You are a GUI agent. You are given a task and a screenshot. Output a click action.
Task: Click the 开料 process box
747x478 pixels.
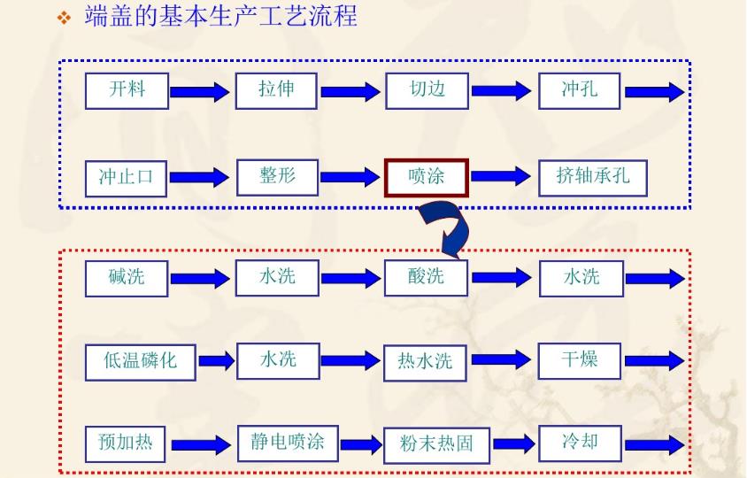point(127,90)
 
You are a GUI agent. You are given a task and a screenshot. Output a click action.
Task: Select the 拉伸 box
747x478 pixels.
point(276,90)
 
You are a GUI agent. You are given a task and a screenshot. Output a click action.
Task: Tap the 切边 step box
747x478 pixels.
point(427,90)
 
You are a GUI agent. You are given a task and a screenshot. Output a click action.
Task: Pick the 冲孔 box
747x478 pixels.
point(580,90)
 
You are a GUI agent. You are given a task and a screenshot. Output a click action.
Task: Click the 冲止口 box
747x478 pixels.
point(126,177)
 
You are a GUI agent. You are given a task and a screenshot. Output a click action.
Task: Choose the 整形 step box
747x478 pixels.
point(277,176)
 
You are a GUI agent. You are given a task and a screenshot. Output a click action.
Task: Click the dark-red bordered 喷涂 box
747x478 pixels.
point(427,177)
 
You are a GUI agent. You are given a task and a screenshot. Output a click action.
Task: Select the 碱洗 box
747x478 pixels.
point(127,278)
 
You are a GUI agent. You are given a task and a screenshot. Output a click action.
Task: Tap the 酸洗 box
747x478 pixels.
point(427,277)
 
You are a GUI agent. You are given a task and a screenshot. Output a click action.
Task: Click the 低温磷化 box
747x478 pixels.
point(140,360)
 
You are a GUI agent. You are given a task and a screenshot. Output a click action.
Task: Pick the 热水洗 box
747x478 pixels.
point(426,361)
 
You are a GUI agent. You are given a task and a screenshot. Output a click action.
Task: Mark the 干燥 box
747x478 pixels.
point(580,359)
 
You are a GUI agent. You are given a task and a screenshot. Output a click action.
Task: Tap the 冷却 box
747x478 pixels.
point(580,442)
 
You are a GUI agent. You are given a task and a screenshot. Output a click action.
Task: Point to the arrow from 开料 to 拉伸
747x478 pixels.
point(199,91)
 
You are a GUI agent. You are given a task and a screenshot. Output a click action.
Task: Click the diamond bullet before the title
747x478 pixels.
point(63,19)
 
